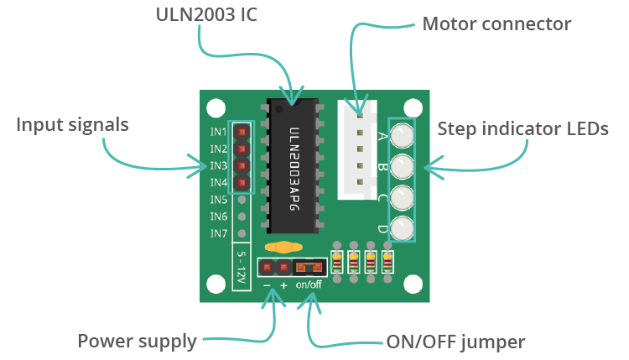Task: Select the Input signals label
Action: point(72,124)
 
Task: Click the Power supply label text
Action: point(137,341)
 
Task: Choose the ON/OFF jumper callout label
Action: point(455,341)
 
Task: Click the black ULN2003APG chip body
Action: point(293,168)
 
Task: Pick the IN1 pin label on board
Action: point(218,133)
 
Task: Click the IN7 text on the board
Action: point(218,232)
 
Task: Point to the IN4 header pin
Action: point(242,182)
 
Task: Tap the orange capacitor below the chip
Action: point(284,248)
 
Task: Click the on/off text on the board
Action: point(309,284)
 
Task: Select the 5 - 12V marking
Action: point(242,267)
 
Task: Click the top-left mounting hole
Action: point(216,107)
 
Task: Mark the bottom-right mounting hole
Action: point(412,284)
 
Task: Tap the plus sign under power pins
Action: point(283,285)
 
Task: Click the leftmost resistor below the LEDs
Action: point(337,263)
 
